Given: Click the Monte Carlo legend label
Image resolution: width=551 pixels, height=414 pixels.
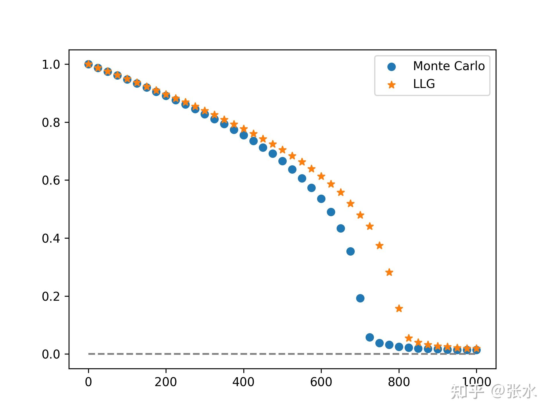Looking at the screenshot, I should click(449, 66).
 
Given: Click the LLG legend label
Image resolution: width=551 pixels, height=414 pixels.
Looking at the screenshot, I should click(424, 84).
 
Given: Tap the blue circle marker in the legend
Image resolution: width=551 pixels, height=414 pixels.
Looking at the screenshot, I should click(391, 67).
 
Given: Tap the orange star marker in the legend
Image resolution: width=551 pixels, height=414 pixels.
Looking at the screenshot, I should click(391, 85).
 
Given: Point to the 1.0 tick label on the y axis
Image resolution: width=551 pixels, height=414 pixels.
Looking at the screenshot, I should click(51, 65).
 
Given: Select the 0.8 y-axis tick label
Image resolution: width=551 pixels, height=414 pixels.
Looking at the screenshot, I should click(51, 123).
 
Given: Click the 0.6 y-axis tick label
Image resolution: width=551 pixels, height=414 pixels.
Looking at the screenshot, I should click(51, 181).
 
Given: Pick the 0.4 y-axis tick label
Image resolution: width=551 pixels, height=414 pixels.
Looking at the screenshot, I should click(51, 239).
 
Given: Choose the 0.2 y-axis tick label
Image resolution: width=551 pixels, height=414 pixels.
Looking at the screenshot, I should click(51, 297).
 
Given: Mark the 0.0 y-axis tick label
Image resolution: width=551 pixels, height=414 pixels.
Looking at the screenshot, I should click(51, 354).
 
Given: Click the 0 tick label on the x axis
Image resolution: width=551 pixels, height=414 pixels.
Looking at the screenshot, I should click(88, 382).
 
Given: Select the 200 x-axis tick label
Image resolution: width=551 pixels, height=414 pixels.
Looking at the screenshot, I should click(166, 382).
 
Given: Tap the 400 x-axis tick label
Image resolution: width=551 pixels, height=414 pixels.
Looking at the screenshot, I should click(243, 382).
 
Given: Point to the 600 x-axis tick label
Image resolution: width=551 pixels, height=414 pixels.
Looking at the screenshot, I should click(321, 382).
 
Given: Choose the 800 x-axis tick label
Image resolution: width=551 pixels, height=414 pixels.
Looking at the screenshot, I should click(399, 382).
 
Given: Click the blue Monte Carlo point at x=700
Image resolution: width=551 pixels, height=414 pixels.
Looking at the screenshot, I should click(360, 298).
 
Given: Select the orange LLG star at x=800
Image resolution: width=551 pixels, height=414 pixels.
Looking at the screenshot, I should click(399, 308).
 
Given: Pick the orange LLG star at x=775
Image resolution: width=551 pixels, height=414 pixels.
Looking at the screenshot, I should click(389, 272).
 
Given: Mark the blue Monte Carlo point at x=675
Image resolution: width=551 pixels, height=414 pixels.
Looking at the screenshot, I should click(350, 251).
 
